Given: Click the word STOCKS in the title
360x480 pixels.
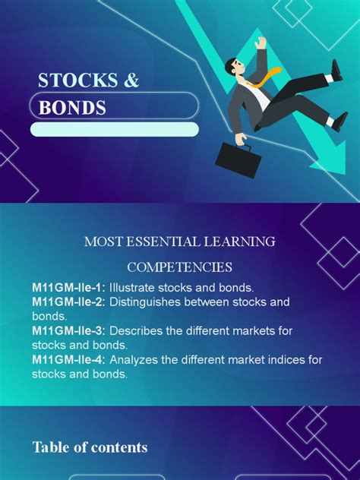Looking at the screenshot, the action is pyautogui.click(x=77, y=81).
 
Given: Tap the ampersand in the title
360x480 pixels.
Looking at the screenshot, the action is pyautogui.click(x=131, y=81).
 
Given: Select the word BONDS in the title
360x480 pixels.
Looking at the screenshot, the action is pyautogui.click(x=72, y=108).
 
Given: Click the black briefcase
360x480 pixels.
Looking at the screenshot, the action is pyautogui.click(x=238, y=159).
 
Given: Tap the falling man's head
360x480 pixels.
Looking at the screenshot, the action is pyautogui.click(x=235, y=65).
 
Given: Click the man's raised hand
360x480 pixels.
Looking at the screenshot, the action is pyautogui.click(x=261, y=43).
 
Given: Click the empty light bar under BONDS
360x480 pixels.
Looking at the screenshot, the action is pyautogui.click(x=115, y=129).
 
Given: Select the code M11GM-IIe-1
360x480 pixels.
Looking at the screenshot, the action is pyautogui.click(x=66, y=288).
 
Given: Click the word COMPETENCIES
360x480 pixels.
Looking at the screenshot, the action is pyautogui.click(x=180, y=267).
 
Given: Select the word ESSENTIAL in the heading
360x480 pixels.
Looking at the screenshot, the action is pyautogui.click(x=163, y=242).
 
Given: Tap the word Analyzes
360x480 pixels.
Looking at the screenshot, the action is pyautogui.click(x=134, y=360).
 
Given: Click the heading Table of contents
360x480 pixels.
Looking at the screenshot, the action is pyautogui.click(x=90, y=447).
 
